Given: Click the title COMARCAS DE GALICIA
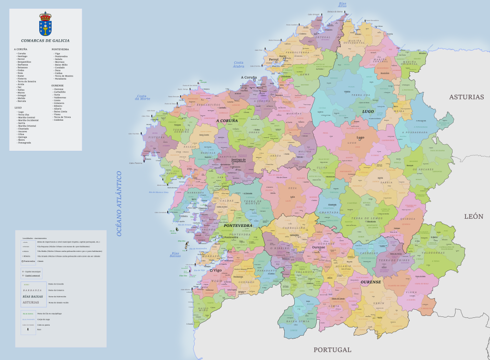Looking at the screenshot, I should coord(45,41).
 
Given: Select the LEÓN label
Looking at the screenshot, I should coord(474,216).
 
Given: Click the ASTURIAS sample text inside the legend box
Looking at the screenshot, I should coord(31,303).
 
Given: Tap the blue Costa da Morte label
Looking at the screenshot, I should coord(143,97).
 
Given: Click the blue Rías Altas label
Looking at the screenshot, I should coord(342,5).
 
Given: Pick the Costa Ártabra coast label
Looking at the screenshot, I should coord(238,65).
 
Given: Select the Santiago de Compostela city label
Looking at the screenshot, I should coord(238,161).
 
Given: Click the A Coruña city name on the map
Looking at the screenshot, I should coord(249,77).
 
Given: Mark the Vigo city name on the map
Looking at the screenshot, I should coord(217,270).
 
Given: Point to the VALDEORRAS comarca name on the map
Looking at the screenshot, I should coord(434,252).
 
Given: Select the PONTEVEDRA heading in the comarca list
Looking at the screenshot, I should coord(60,49).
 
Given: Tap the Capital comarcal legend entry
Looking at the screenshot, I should coord(33,276).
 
